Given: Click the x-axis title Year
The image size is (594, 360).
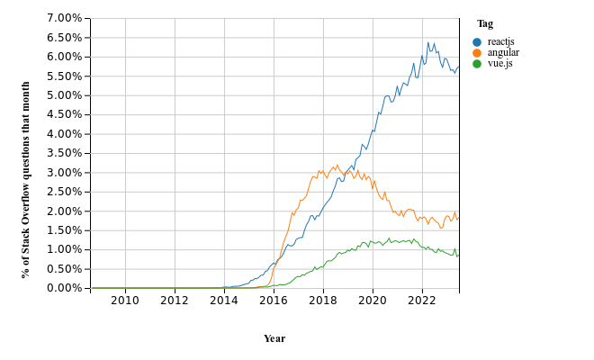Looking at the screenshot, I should (x=274, y=338).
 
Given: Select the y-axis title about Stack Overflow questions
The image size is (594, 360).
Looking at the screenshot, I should (x=26, y=178).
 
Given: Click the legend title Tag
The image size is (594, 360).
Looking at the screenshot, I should (x=484, y=24).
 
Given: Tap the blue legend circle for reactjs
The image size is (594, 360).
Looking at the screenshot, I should (x=477, y=41).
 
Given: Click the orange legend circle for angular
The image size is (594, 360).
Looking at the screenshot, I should (x=477, y=53).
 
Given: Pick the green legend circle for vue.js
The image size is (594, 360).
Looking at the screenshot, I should (x=477, y=65).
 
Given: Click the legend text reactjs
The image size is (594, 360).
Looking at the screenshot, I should (x=500, y=41).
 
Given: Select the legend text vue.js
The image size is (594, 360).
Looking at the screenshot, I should (x=499, y=65).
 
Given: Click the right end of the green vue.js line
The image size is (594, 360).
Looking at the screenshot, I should (x=458, y=255).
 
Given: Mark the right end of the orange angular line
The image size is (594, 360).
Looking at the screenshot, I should (x=458, y=219).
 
